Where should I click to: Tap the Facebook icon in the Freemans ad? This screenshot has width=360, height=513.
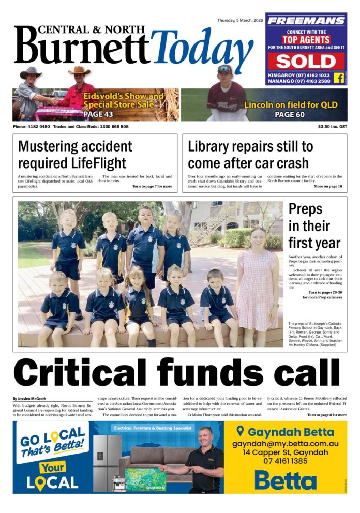339,78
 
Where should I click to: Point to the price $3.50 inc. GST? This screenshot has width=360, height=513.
333,127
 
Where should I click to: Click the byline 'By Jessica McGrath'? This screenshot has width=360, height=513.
30,399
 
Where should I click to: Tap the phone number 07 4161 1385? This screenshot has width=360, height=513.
285,460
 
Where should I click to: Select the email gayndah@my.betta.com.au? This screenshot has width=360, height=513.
285,443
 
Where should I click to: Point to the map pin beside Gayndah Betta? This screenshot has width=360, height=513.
239,431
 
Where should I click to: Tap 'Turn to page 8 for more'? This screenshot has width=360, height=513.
327,415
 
